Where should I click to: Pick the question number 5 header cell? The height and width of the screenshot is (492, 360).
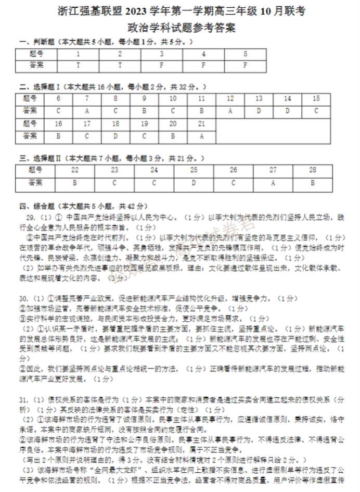click(x=246, y=54)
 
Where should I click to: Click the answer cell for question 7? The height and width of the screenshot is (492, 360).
click(x=87, y=110)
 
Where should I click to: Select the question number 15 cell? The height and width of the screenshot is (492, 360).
click(x=316, y=98)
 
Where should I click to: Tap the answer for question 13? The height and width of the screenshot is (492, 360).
click(x=259, y=110)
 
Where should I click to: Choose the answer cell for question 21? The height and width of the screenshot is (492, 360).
click(x=201, y=135)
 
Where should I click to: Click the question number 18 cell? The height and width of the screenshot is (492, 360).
click(x=115, y=123)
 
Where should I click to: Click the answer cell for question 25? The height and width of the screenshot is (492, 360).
click(x=194, y=182)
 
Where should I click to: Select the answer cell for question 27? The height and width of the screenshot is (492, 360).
click(x=273, y=182)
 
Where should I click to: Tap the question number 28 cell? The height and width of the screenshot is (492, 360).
click(x=312, y=170)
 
